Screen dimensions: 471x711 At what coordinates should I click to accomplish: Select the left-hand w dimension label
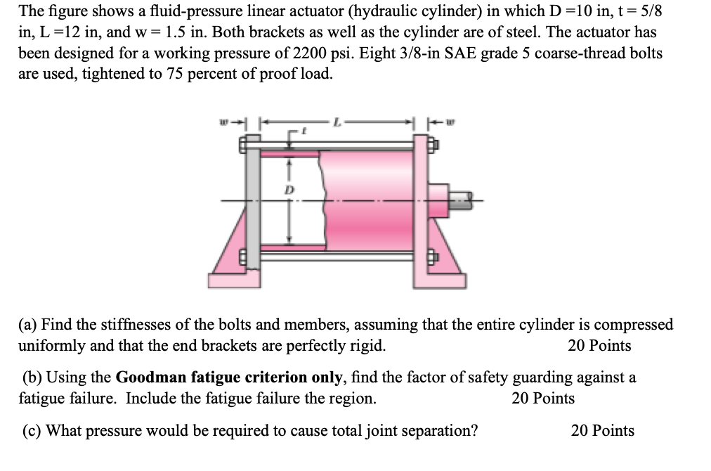coord(223,123)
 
